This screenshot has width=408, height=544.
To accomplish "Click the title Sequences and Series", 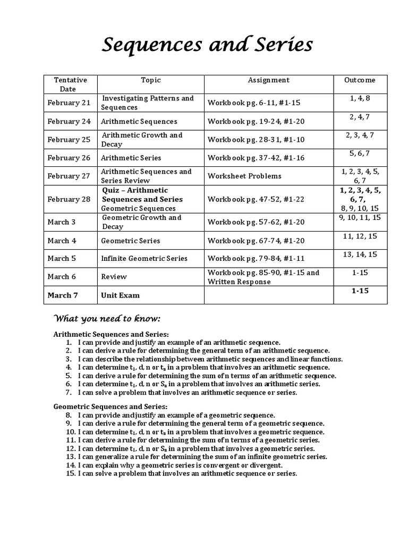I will coord(207,46).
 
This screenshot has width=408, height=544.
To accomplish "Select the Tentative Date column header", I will coord(70,84).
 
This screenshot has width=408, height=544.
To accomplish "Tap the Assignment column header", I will coord(269,80).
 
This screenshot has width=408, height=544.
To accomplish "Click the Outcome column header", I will coord(360,80).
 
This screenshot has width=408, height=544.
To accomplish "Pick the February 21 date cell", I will coord(69,103).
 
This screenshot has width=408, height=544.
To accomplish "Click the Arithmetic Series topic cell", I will coord(131,158).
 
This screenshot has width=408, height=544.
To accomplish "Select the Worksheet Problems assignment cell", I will coord(244,176).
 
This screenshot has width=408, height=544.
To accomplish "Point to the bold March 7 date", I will coord(63,295).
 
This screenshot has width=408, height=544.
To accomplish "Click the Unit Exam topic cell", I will coord(121,295).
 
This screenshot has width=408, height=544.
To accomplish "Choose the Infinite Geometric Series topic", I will coord(144,259).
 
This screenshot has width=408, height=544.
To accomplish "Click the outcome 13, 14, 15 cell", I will coord(360,254).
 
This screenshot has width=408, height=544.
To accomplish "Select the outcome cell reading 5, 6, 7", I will coord(360,154).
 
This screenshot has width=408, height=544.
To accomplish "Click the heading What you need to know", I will coord(107,319).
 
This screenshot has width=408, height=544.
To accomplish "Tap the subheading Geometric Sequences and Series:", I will coord(110,406).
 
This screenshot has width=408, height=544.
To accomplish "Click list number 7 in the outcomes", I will coord(69,393).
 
